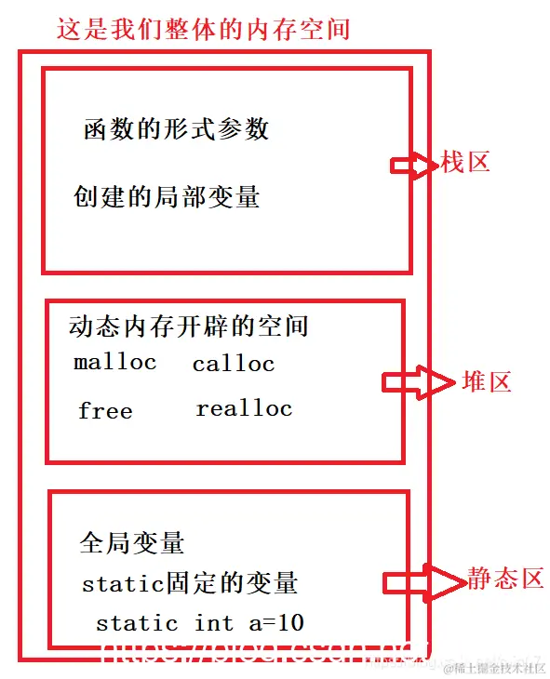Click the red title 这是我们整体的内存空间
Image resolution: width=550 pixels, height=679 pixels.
(x=203, y=28)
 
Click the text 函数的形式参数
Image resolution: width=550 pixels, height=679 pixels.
(x=176, y=129)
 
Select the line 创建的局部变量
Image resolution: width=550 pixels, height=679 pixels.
(x=167, y=197)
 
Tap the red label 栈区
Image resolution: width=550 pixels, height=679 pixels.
(x=465, y=163)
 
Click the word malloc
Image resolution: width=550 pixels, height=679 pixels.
(x=115, y=362)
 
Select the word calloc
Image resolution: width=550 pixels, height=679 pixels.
(x=234, y=365)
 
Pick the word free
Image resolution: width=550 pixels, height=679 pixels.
(x=105, y=411)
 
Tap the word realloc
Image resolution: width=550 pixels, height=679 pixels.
(x=244, y=408)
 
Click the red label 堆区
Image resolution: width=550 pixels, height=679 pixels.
(x=487, y=381)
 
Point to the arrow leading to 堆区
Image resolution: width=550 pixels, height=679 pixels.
(x=416, y=382)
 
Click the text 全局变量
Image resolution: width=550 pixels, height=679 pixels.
(x=132, y=543)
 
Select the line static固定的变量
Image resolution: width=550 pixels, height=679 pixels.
(x=190, y=584)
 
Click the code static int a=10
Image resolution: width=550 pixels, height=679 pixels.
(x=200, y=623)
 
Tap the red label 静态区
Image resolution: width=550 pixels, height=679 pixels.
(x=505, y=579)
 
